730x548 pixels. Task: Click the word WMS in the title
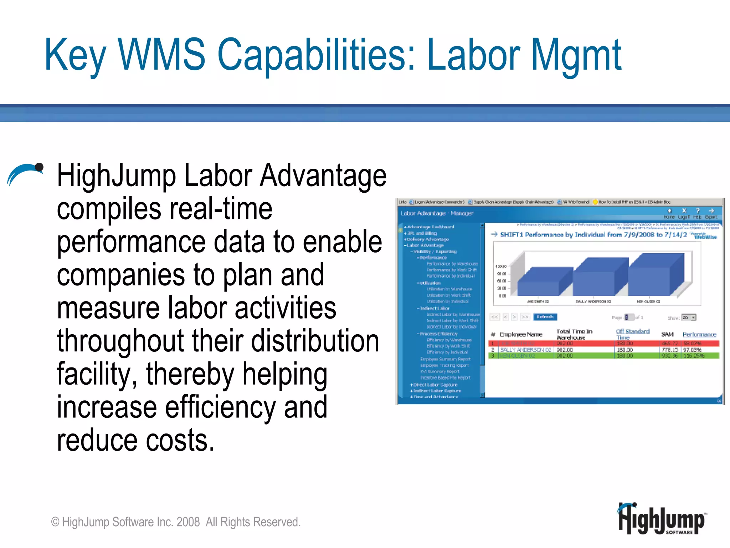click(161, 54)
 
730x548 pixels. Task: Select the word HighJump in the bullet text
click(117, 176)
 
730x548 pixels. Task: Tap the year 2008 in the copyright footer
click(188, 522)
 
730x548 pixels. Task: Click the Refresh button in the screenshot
click(545, 317)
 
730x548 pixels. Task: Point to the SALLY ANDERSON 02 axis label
click(593, 301)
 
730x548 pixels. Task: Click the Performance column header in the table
click(699, 334)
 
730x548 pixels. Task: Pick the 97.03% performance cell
click(692, 350)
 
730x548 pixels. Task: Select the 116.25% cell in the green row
click(693, 356)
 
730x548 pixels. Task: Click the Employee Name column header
click(521, 334)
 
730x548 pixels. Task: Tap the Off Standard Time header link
click(632, 334)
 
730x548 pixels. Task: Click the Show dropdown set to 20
click(689, 317)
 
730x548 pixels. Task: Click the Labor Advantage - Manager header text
click(437, 213)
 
